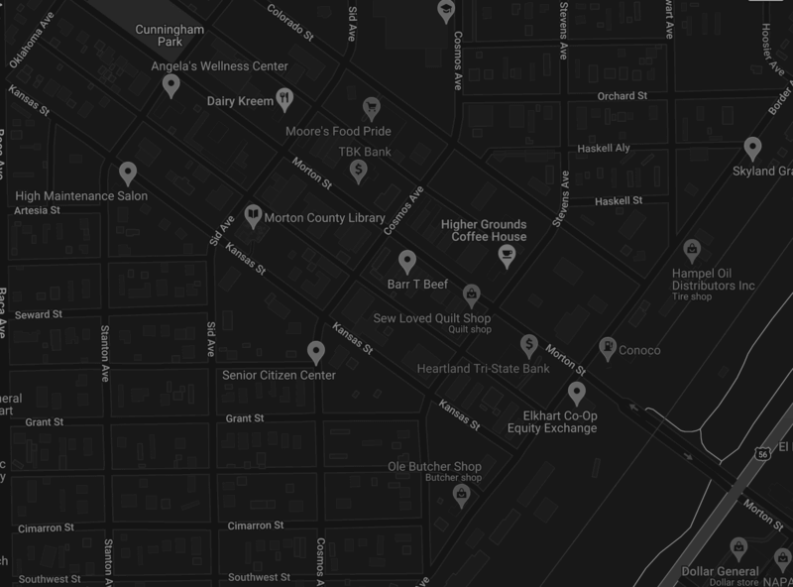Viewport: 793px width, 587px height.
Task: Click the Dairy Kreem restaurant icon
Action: pos(284,97)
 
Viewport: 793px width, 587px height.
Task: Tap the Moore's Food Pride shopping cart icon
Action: pos(372,106)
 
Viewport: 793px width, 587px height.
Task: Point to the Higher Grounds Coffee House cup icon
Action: pos(508,257)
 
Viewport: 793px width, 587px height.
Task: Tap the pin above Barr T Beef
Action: pos(406,262)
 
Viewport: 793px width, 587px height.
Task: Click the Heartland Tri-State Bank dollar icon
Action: pos(529,344)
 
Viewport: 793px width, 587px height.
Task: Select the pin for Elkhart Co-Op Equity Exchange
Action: pos(576,391)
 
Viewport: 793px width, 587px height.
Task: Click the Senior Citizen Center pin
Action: pos(316,351)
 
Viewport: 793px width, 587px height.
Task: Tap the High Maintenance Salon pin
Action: pos(127,174)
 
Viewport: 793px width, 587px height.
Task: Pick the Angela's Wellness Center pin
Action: pos(170,86)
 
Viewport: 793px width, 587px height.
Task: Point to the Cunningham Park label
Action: pos(171,37)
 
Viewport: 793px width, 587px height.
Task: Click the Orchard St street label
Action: pos(622,96)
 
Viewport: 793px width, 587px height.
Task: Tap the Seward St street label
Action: pos(40,314)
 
